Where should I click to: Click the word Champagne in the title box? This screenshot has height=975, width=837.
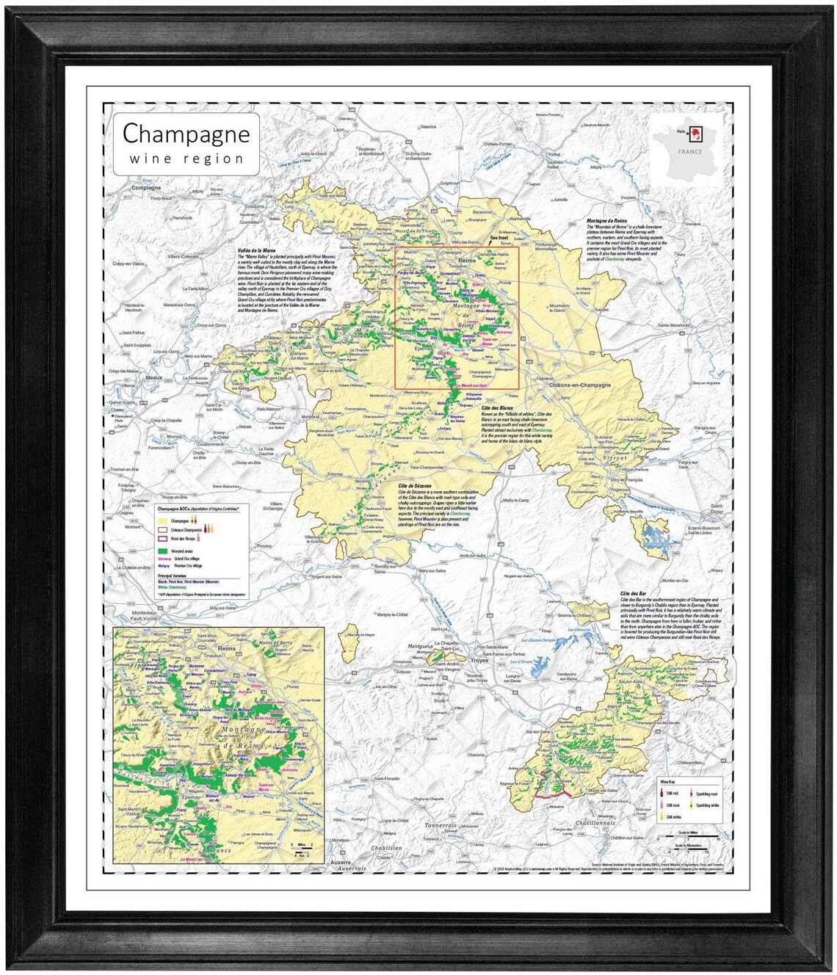(186, 134)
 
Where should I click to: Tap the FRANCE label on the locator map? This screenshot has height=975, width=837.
(689, 152)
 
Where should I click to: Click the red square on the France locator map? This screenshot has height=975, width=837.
(697, 134)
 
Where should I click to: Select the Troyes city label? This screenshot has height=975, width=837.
(479, 660)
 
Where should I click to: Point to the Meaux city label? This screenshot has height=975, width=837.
(153, 377)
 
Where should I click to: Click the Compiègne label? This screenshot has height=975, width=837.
(146, 188)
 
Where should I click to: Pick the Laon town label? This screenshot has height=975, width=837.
(338, 130)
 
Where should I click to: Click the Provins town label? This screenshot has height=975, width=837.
(263, 546)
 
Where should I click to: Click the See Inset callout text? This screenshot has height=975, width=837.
(499, 238)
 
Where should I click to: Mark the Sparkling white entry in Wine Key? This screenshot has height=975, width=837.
(706, 805)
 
